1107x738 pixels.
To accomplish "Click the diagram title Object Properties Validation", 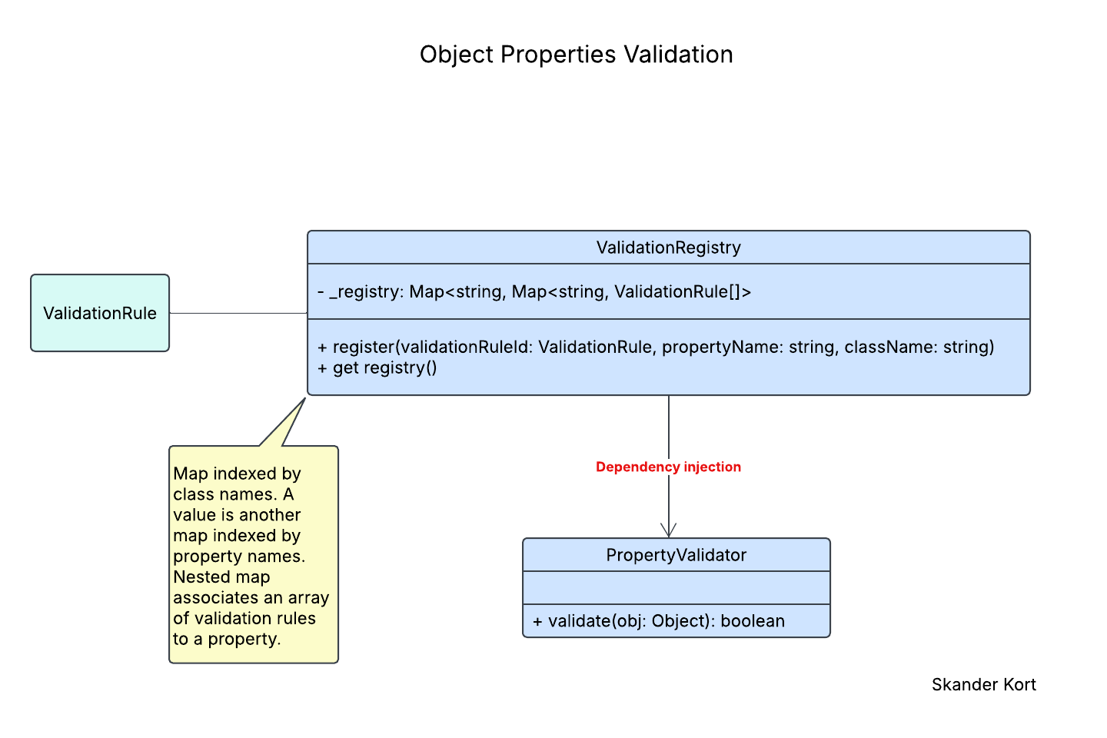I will [576, 55].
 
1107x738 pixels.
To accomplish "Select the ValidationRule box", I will [100, 313].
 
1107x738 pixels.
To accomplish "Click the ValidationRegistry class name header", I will [668, 248].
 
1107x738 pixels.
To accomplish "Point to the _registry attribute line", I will [534, 291].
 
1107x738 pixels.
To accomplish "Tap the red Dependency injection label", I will [668, 467].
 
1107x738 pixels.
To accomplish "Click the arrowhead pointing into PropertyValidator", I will [669, 530].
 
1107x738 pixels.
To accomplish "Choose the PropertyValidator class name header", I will [676, 555].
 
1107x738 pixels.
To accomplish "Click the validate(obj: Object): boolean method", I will [658, 621].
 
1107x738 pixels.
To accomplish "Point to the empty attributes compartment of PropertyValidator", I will [676, 587].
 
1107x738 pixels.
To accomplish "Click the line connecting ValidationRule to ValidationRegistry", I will [238, 313].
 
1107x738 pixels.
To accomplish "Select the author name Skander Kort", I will [983, 684].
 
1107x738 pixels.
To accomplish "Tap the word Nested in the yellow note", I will [198, 577].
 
